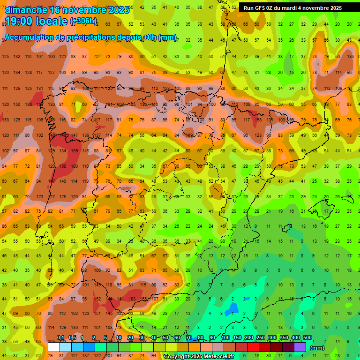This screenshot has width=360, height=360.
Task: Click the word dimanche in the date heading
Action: tap(26, 10)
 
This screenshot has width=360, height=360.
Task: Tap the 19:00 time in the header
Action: tap(21, 21)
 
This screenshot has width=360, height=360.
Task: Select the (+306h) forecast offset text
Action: tap(83, 21)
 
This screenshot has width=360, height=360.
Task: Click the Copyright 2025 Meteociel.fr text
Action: tap(199, 356)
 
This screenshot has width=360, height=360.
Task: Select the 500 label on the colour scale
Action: tap(307, 338)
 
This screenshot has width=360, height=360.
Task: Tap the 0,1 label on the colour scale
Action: tap(60, 338)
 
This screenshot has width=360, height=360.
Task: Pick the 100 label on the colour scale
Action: tap(225, 338)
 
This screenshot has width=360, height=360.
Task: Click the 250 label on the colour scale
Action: tap(260, 338)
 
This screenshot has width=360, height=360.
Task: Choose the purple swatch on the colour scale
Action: tap(300, 347)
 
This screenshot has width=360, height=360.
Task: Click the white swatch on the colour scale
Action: tap(54, 347)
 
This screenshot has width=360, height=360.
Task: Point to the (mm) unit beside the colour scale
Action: tap(318, 348)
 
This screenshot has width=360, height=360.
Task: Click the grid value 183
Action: tap(132, 299)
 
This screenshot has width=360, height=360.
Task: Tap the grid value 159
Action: tap(75, 150)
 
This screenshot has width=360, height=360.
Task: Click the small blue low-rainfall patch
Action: tap(231, 309)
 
